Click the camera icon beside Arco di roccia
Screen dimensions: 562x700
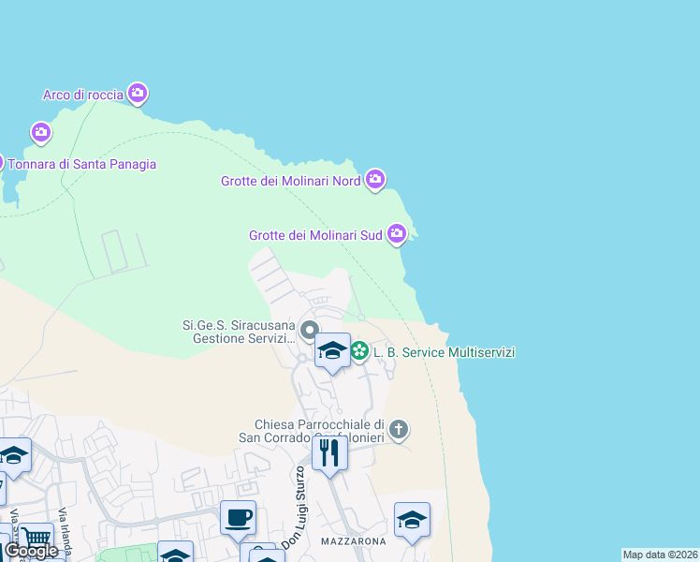tap(138, 93)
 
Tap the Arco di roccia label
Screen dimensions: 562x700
tap(83, 95)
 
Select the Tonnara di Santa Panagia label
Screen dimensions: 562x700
tap(82, 164)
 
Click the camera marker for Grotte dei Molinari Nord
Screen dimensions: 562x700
tap(374, 178)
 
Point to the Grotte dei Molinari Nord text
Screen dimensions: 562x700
tap(290, 182)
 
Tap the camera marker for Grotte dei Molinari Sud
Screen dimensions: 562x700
tap(397, 232)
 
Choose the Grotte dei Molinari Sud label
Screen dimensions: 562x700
tap(315, 236)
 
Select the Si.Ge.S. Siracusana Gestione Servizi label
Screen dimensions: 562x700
tap(240, 332)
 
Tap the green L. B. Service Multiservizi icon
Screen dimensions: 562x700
tap(359, 351)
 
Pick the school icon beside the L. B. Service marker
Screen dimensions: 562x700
tap(331, 351)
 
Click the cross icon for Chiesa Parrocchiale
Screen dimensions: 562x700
tap(399, 430)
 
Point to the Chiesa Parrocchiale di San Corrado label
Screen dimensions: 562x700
tap(320, 431)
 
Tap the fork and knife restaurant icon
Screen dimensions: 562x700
tap(329, 453)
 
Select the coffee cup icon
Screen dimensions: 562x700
tap(238, 516)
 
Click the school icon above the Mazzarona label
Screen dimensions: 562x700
tap(412, 520)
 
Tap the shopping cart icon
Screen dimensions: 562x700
tap(36, 539)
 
